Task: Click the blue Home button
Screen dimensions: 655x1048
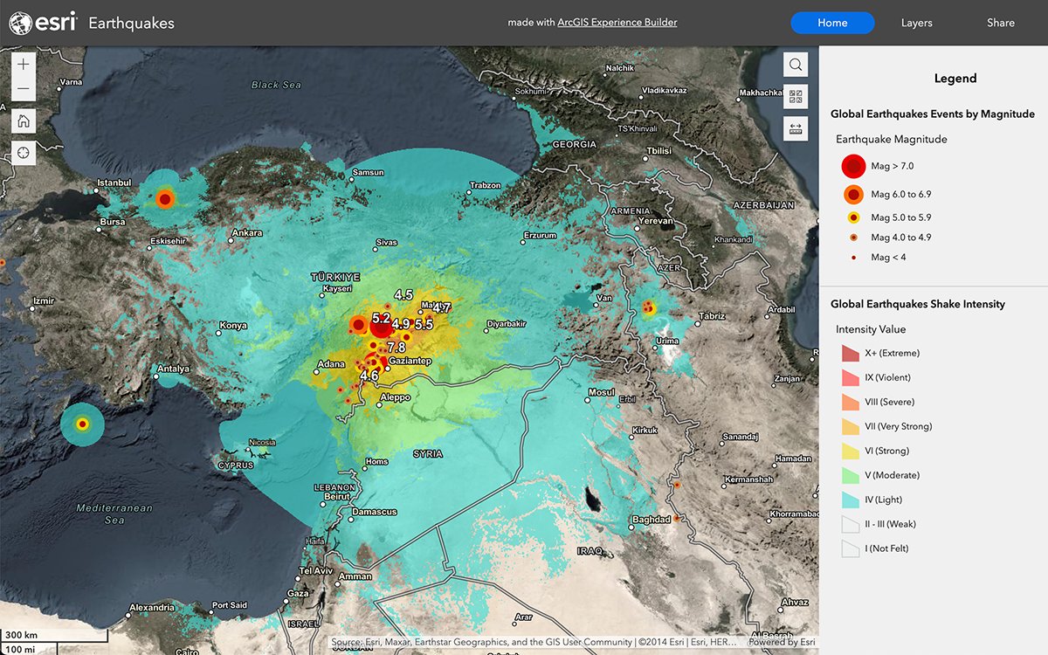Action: (x=831, y=23)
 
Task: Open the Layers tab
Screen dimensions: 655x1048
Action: (x=916, y=23)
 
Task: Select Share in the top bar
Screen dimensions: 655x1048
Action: (x=1000, y=23)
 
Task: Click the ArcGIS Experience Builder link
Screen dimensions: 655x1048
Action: (x=617, y=23)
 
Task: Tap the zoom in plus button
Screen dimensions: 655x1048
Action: (x=24, y=65)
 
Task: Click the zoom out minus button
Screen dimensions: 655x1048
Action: (x=24, y=89)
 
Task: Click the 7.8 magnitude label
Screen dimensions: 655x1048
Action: (x=396, y=348)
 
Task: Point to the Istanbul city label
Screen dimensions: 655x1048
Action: (x=114, y=183)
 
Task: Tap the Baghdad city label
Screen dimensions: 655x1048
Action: (x=651, y=521)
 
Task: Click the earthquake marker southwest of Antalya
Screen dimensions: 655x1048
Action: (x=82, y=424)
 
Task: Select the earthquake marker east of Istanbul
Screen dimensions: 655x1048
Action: (x=164, y=199)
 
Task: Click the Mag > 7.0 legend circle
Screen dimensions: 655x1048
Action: (x=852, y=166)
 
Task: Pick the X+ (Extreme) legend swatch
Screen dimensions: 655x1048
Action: (x=850, y=354)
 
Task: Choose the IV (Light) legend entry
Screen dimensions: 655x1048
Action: (x=883, y=500)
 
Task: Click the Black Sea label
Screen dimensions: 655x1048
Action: (x=276, y=85)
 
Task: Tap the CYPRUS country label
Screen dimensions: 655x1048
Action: (x=235, y=465)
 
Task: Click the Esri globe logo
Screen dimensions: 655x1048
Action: (x=20, y=24)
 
